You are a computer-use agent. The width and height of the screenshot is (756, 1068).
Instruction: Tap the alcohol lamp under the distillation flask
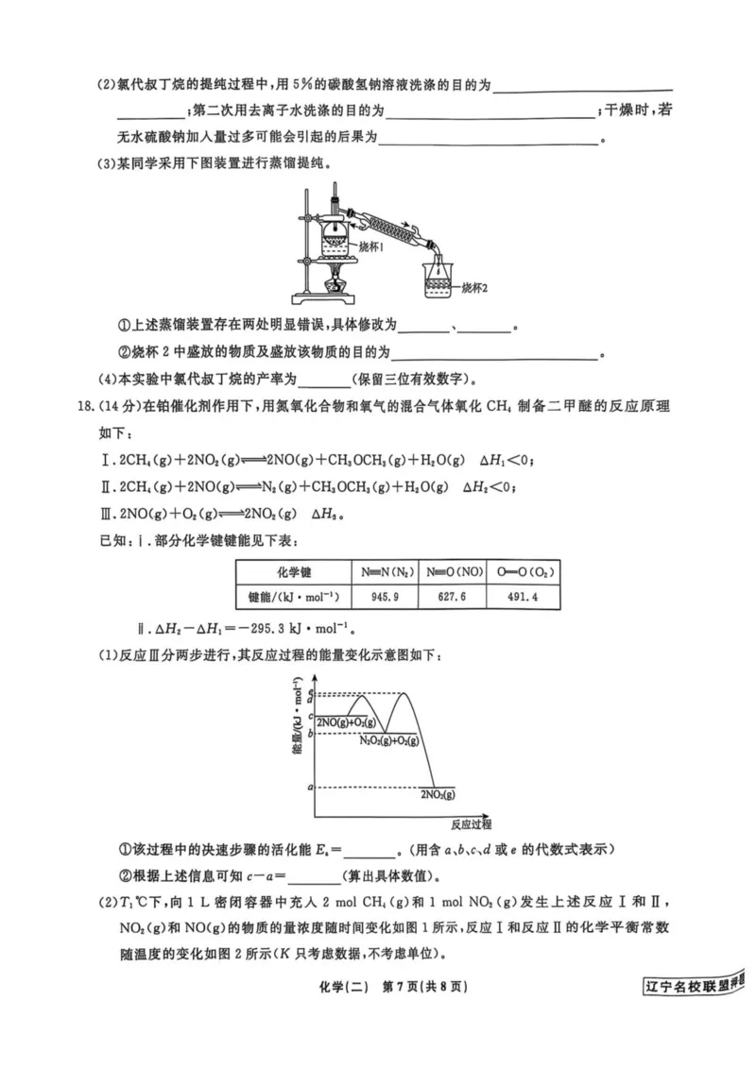pos(335,281)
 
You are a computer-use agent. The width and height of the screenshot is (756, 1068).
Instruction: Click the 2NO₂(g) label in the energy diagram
pos(438,795)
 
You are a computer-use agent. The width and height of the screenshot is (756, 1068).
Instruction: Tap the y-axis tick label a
pos(310,787)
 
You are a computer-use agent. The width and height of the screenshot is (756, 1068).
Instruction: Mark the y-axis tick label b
pos(310,733)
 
